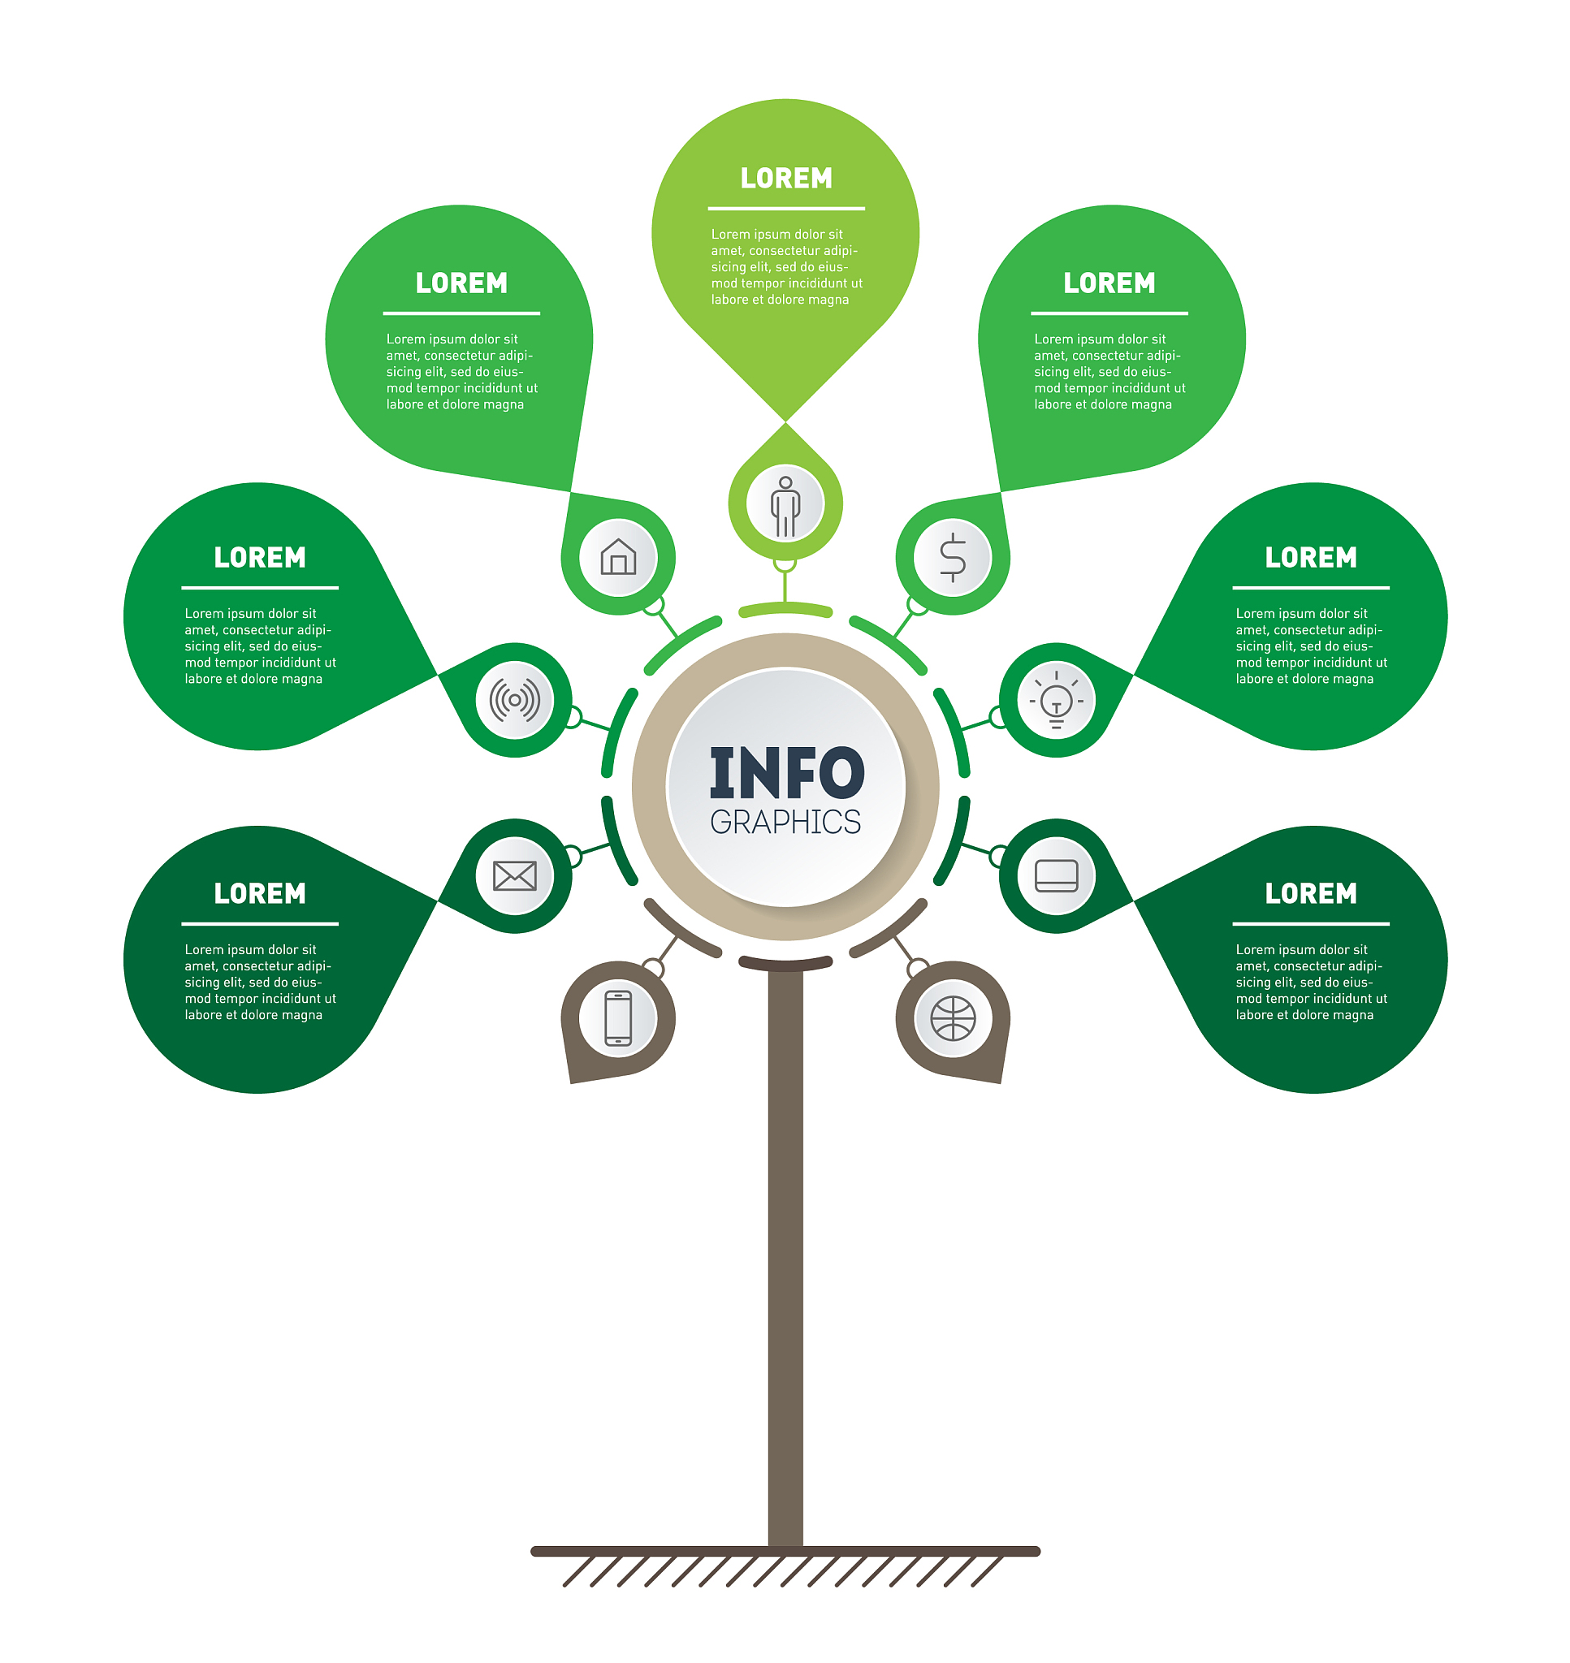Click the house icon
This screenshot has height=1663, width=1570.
[x=618, y=556]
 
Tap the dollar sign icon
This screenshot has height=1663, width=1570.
[x=953, y=557]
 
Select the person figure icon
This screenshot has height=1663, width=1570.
[x=785, y=506]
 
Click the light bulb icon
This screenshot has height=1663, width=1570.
[x=1056, y=700]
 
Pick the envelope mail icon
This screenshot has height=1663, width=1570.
[x=515, y=876]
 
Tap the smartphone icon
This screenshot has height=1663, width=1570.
[x=618, y=1018]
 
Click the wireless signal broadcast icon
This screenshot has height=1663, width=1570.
[x=515, y=700]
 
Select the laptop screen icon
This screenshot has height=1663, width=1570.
[x=1056, y=876]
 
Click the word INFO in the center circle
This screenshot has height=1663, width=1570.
[x=787, y=772]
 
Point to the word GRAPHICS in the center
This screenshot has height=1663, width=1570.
[x=785, y=823]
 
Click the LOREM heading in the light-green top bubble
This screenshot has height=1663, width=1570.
[x=786, y=178]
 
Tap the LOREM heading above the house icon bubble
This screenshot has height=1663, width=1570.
[x=461, y=283]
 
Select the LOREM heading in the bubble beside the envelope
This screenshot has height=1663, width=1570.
[x=259, y=893]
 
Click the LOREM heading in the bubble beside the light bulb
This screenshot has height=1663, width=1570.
[x=1311, y=558]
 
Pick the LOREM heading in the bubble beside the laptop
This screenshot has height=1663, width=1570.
[x=1311, y=893]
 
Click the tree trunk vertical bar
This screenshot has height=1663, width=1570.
[x=785, y=1255]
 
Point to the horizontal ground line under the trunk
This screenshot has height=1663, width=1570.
[x=785, y=1552]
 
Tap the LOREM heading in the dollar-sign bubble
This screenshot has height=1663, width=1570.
[x=1109, y=283]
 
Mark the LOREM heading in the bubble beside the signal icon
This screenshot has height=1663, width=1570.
[x=259, y=558]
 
